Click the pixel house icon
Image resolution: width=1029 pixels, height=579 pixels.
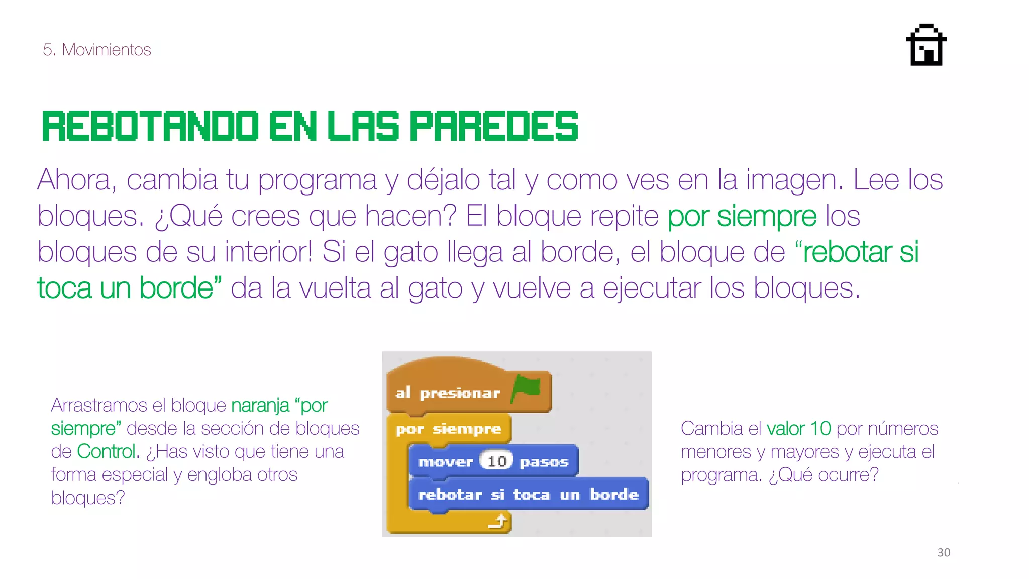coord(926,45)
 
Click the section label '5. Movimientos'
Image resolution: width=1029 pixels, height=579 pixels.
coord(97,50)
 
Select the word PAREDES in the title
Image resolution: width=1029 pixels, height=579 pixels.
coord(494,126)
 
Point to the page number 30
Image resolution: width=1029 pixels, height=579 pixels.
coord(944,552)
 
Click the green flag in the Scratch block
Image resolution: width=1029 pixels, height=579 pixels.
coord(527,387)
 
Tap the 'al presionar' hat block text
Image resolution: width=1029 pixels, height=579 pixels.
coord(447,393)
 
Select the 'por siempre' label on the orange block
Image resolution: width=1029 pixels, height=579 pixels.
coord(448,429)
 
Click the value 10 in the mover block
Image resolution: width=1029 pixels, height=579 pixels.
coord(496,461)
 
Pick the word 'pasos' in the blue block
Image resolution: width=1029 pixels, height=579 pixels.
coord(544,462)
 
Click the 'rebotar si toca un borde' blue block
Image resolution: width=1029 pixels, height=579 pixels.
coord(528,495)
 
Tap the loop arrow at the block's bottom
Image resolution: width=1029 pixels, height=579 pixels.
coord(498,522)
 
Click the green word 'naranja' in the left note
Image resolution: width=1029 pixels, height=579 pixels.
coord(260,405)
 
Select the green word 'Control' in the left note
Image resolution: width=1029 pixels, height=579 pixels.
coord(106,451)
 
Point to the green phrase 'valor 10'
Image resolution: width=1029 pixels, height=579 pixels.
coord(798,429)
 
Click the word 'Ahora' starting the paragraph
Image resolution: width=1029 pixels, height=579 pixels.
coord(76,180)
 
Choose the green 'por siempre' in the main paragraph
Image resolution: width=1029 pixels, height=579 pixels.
coord(742,217)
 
